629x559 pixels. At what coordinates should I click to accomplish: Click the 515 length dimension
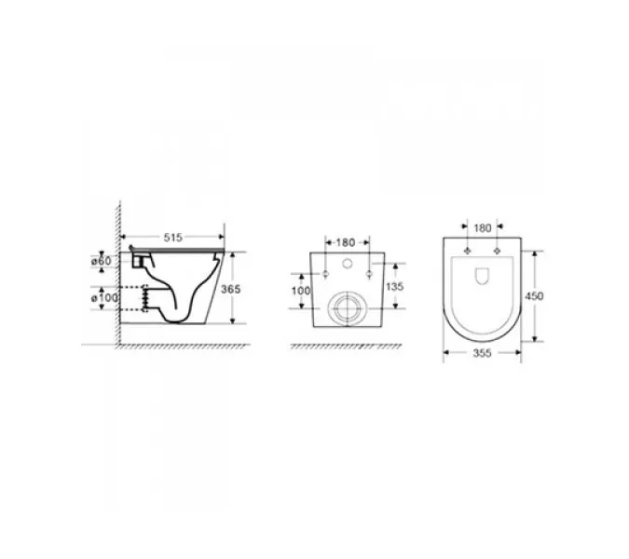[173, 238]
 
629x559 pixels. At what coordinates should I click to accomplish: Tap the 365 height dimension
[231, 289]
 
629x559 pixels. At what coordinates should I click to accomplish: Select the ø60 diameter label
[101, 261]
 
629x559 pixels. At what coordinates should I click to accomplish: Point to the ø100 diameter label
[104, 298]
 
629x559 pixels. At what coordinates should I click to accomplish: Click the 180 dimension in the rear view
[346, 242]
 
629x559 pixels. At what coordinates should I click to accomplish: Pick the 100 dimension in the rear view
[301, 291]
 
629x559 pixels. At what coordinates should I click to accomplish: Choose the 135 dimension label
[394, 287]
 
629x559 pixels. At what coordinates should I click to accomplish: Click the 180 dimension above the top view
[483, 228]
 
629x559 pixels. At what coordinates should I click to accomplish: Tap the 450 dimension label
[534, 296]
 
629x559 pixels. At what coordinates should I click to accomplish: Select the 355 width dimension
[482, 353]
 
